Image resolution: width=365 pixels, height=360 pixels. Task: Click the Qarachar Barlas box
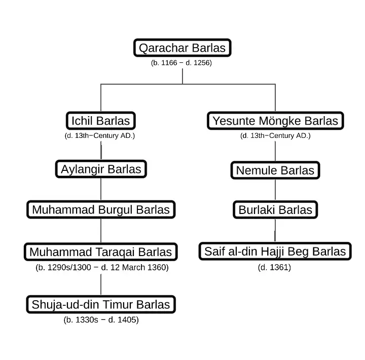click(x=182, y=48)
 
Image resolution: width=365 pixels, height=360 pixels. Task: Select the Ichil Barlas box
click(x=101, y=121)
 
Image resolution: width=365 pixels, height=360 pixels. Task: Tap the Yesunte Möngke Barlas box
click(x=275, y=121)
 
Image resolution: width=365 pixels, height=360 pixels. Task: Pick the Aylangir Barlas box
click(x=101, y=169)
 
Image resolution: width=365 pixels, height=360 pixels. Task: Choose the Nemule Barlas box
click(x=275, y=170)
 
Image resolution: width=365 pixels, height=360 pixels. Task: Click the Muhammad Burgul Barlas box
click(x=101, y=209)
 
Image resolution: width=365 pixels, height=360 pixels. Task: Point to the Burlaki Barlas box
click(x=275, y=210)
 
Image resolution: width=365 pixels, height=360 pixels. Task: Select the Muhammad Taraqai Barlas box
click(x=101, y=251)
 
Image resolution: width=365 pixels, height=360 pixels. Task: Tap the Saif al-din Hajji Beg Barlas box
click(x=275, y=251)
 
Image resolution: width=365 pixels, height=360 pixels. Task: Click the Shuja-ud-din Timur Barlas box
click(x=101, y=305)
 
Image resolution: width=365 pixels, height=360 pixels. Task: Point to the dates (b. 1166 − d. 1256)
click(x=181, y=63)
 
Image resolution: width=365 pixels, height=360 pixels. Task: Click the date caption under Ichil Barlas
click(x=100, y=136)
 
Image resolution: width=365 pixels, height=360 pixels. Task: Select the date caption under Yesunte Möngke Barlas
click(x=275, y=136)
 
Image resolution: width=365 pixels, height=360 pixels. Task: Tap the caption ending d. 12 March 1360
click(x=102, y=267)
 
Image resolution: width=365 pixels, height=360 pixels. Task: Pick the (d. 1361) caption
click(x=274, y=267)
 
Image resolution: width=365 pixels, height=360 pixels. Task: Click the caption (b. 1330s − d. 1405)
click(x=101, y=320)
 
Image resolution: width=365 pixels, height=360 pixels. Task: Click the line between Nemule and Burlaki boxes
click(x=275, y=190)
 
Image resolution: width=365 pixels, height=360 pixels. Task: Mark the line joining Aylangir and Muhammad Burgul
click(x=101, y=189)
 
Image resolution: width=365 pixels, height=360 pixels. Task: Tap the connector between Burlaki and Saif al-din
click(x=275, y=231)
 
